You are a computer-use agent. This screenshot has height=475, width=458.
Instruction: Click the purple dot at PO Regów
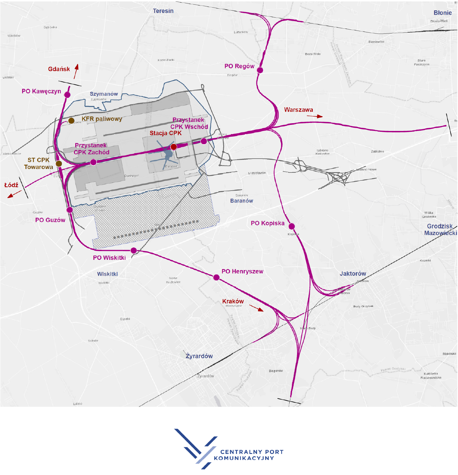(x=260, y=70)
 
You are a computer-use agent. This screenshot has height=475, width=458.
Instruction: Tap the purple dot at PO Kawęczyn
(x=67, y=95)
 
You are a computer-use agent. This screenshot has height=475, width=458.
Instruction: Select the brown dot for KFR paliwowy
(x=71, y=121)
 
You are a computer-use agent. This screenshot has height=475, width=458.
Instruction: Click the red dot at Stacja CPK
(x=174, y=147)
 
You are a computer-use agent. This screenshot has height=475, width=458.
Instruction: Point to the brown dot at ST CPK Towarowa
(x=59, y=164)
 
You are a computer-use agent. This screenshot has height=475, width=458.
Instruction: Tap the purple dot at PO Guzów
(x=70, y=210)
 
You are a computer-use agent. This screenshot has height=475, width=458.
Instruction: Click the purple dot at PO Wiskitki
(x=134, y=250)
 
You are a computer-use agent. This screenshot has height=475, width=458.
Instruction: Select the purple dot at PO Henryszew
(x=216, y=277)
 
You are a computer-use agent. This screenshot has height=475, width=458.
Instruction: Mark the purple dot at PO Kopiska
(x=292, y=226)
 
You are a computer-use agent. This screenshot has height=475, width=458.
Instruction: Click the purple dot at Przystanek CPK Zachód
(x=93, y=162)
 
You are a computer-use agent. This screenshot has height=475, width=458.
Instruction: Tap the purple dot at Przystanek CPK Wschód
(x=204, y=141)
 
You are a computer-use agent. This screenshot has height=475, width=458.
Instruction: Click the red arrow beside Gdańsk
(x=76, y=71)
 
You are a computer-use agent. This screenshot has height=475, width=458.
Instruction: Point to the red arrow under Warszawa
(x=315, y=116)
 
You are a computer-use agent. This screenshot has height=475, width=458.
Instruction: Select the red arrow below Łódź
(x=14, y=194)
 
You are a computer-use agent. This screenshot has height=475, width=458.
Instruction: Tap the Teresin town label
(x=163, y=11)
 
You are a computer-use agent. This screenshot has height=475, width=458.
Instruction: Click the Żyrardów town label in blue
(x=199, y=356)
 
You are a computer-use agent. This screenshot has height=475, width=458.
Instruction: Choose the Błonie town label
(x=442, y=13)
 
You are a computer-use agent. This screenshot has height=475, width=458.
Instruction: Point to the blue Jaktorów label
(x=352, y=273)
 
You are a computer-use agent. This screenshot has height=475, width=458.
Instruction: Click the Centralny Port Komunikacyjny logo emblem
(x=196, y=448)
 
